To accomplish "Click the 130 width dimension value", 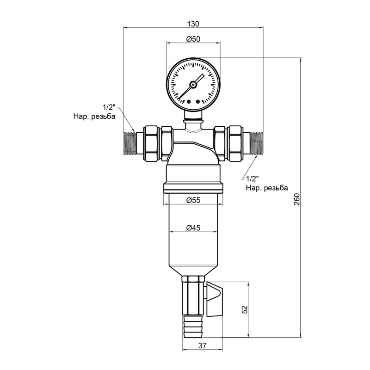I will pyautogui.click(x=193, y=24).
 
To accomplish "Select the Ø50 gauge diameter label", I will pyautogui.click(x=193, y=40).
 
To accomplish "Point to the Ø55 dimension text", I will pyautogui.click(x=193, y=200).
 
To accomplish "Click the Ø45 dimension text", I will pyautogui.click(x=193, y=228).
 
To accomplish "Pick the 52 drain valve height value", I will pyautogui.click(x=245, y=309).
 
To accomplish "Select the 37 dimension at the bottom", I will pyautogui.click(x=202, y=345).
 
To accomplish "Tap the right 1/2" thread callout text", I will pyautogui.click(x=253, y=179).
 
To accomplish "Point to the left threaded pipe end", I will pyautogui.click(x=131, y=143).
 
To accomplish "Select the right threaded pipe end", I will pyautogui.click(x=256, y=143).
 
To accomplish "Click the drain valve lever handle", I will pyautogui.click(x=215, y=300).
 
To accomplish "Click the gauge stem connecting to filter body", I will pyautogui.click(x=193, y=118).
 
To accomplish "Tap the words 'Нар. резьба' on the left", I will pyautogui.click(x=94, y=117).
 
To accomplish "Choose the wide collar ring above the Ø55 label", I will pyautogui.click(x=193, y=188).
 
